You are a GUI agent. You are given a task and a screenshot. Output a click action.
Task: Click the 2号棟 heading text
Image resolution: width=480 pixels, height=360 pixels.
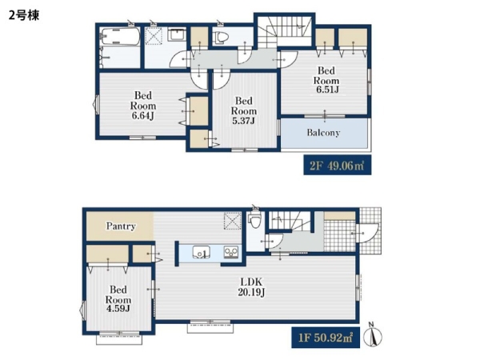[24, 15]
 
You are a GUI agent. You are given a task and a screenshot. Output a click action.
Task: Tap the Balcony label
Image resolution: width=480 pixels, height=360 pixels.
[323, 133]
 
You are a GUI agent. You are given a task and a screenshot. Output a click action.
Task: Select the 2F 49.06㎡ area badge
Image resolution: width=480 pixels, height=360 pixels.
[338, 165]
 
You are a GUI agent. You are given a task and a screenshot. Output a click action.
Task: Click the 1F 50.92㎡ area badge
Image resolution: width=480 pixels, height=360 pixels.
[326, 338]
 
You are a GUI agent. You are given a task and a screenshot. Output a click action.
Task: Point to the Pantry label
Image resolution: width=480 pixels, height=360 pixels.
[121, 226]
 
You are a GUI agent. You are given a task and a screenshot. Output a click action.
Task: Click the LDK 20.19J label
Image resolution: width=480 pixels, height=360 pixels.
[251, 287]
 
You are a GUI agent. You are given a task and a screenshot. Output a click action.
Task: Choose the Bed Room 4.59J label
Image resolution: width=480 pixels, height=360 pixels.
[118, 298]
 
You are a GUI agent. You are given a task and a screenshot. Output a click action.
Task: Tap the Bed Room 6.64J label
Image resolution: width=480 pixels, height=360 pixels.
[143, 106]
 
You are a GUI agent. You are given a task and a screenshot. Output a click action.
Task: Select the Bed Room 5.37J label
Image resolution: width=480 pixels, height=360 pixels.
[244, 110]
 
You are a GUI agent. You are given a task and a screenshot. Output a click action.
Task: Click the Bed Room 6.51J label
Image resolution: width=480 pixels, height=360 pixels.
[326, 80]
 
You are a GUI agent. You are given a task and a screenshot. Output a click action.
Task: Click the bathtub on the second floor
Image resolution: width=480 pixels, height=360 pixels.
[120, 37]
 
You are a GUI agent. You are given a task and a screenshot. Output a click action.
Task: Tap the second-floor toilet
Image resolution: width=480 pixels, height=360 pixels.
[222, 38]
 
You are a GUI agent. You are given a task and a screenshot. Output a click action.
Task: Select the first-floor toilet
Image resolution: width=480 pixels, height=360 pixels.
[254, 218]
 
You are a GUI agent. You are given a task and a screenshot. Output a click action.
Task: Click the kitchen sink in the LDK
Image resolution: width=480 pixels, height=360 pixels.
[201, 253]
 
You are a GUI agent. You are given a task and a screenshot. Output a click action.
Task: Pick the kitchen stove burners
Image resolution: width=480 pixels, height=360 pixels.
[231, 253]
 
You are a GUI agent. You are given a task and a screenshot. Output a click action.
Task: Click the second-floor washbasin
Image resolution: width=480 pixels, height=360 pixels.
[177, 34]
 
